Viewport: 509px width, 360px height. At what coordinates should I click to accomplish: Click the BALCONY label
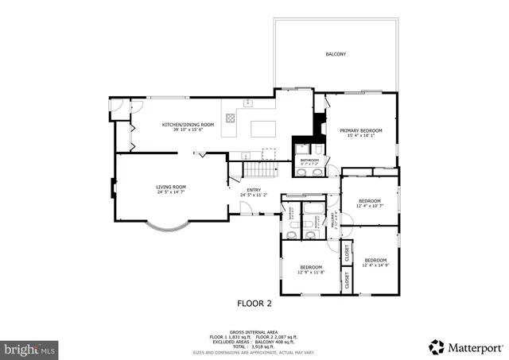336,54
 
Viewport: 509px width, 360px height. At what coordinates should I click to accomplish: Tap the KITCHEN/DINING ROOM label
188,126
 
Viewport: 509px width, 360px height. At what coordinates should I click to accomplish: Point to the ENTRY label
253,190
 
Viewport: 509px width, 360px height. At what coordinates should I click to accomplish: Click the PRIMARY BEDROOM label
361,130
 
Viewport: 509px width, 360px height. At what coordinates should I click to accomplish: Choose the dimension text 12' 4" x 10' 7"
370,206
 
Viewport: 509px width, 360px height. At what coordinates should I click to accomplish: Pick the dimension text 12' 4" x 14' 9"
375,265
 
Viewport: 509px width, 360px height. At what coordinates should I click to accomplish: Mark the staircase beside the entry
259,170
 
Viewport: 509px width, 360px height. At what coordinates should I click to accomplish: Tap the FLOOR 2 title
254,303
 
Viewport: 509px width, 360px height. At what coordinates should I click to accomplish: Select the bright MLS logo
30,348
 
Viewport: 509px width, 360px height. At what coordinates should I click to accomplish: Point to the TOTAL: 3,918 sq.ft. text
254,346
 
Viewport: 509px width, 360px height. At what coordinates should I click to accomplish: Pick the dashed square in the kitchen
269,153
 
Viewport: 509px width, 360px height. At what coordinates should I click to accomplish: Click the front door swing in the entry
247,208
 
